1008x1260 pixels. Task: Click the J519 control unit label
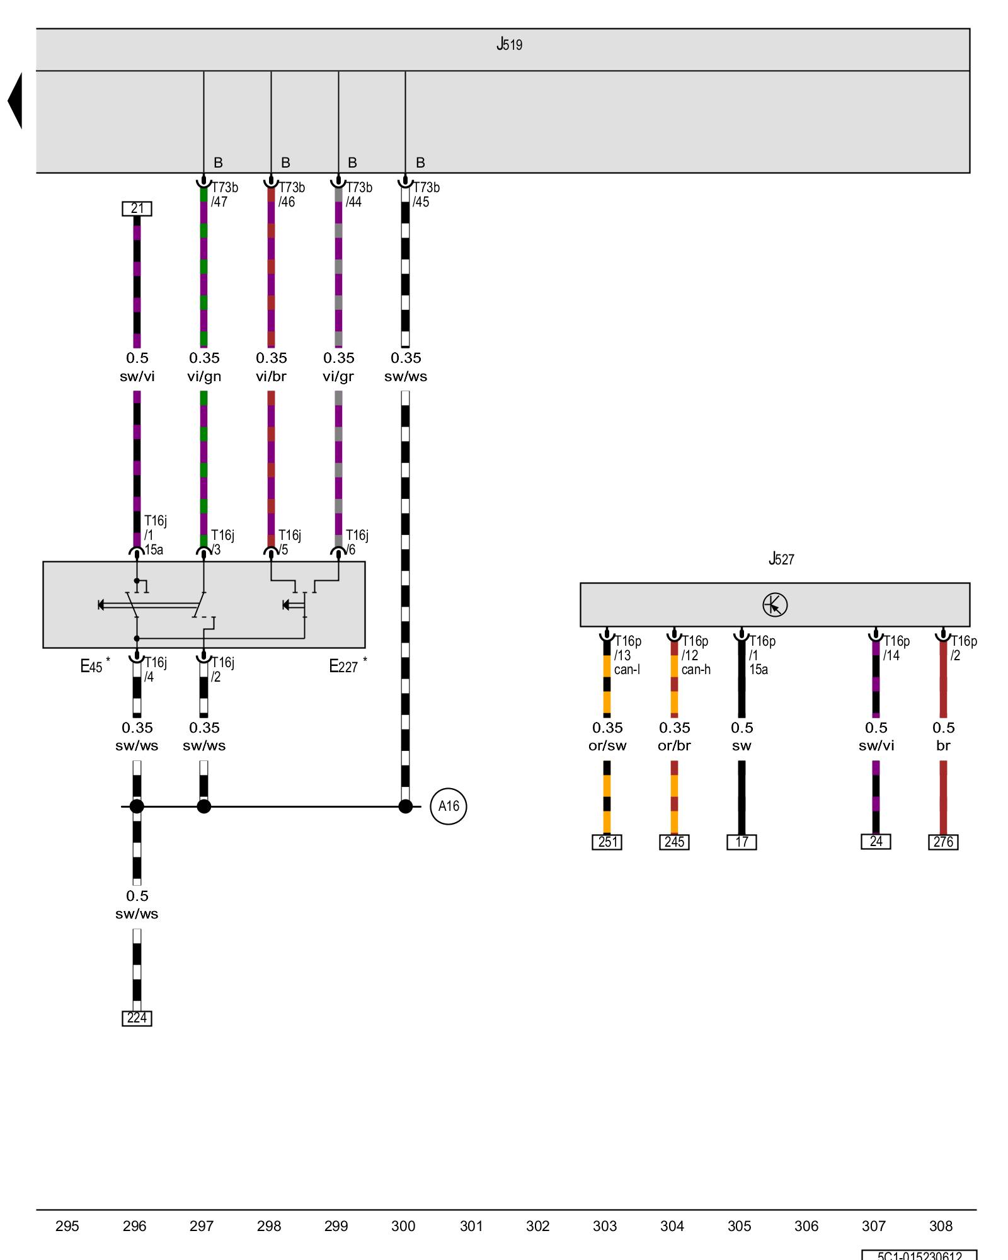tap(509, 45)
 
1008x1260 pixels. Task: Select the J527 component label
tap(781, 559)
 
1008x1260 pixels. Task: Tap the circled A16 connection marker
tap(448, 806)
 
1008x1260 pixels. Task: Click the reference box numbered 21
tap(137, 209)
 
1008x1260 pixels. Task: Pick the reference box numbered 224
tap(137, 1018)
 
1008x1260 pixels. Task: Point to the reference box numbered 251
tap(607, 842)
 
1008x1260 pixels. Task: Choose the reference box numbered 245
tap(674, 842)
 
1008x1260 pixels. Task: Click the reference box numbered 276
tap(943, 842)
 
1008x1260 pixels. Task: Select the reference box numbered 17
tap(742, 842)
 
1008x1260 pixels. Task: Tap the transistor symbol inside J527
tap(775, 605)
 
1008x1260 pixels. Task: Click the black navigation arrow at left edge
tap(15, 101)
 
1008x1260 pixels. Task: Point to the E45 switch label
tap(92, 667)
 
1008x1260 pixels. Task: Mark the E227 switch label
tap(344, 667)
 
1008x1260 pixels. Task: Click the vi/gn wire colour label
tap(204, 377)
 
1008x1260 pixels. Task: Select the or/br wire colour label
tap(674, 746)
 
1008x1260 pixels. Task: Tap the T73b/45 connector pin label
tap(426, 195)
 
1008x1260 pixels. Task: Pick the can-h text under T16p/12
tap(696, 670)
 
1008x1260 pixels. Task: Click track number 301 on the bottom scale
tap(471, 1226)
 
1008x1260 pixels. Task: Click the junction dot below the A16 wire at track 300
tap(405, 806)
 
